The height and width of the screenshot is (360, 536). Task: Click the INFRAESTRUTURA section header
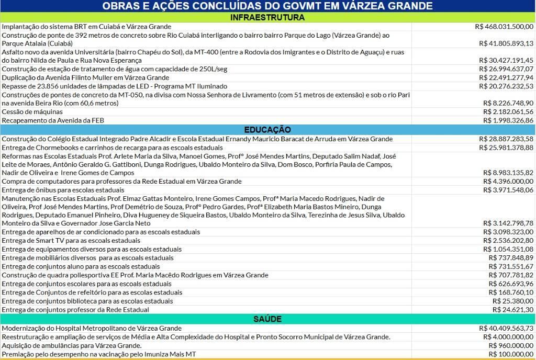click(x=267, y=17)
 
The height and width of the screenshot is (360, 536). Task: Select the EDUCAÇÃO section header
click(x=267, y=129)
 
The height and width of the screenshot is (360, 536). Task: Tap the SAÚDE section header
click(x=267, y=319)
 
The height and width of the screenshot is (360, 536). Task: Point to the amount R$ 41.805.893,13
click(x=506, y=43)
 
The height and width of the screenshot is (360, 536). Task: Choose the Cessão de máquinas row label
click(x=32, y=111)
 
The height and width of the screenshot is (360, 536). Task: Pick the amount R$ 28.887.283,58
click(x=506, y=139)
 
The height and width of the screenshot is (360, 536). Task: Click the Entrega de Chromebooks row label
click(x=112, y=148)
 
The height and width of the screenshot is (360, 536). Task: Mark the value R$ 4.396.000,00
click(x=508, y=182)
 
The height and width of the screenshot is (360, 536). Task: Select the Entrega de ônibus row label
click(x=63, y=190)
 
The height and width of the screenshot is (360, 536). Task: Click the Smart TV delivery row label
click(x=71, y=241)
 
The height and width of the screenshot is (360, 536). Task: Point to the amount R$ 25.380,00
click(x=513, y=301)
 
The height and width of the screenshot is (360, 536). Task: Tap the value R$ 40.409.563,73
click(x=506, y=328)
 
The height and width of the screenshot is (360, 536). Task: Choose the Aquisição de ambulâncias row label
click(x=72, y=345)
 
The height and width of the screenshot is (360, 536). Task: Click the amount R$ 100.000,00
click(x=511, y=354)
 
